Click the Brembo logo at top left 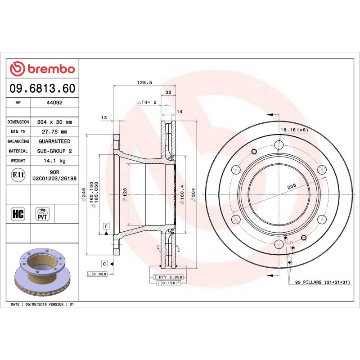tap(42, 69)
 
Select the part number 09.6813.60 tap(42, 89)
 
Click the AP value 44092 tap(54, 103)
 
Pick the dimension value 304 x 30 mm tap(54, 122)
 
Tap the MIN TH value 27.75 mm tap(54, 132)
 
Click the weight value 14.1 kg tap(54, 161)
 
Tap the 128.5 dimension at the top tap(143, 82)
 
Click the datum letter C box tap(104, 263)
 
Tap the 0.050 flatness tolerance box tap(97, 274)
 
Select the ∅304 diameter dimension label tap(193, 196)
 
